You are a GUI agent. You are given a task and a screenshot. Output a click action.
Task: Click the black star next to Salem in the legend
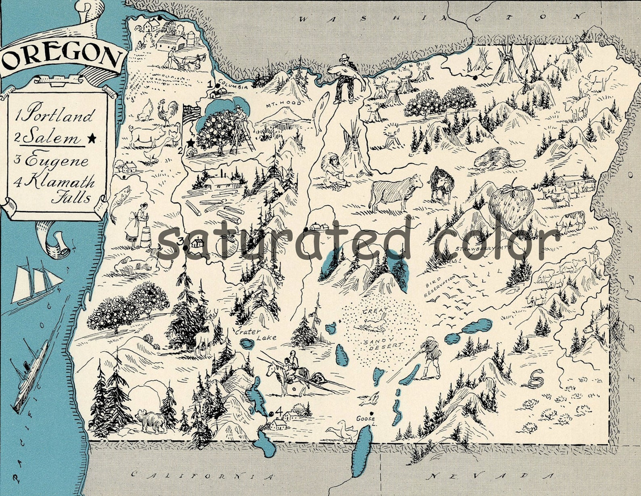click(92, 138)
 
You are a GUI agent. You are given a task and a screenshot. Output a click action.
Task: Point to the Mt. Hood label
click(283, 103)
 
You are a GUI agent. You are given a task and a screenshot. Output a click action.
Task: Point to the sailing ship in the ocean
click(36, 283)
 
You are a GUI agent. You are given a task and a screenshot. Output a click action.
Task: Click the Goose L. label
click(365, 421)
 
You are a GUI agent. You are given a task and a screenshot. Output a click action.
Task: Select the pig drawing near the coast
click(147, 135)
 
